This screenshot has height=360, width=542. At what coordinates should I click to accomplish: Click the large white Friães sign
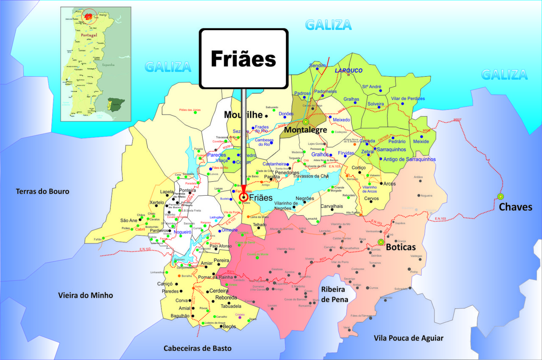(243, 59)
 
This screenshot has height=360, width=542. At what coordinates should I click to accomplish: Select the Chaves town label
(515, 207)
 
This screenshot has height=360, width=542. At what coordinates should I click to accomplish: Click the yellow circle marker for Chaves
(501, 197)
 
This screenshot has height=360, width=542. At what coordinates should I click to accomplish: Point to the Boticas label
(400, 247)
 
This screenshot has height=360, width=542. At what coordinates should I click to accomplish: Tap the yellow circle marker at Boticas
(381, 242)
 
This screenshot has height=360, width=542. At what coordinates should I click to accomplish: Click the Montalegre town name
(305, 130)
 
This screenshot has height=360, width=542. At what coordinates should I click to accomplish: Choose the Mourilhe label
(243, 115)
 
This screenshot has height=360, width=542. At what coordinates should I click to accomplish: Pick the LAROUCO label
(349, 70)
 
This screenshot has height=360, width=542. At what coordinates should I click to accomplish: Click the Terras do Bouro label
(42, 191)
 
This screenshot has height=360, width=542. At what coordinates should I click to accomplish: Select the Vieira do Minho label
(86, 295)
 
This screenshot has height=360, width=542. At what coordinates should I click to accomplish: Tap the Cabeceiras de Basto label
(198, 348)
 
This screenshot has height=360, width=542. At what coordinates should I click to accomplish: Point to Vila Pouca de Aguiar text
(409, 338)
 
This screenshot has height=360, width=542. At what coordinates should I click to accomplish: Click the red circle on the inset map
(89, 17)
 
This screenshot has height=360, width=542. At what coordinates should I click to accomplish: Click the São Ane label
(129, 220)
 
